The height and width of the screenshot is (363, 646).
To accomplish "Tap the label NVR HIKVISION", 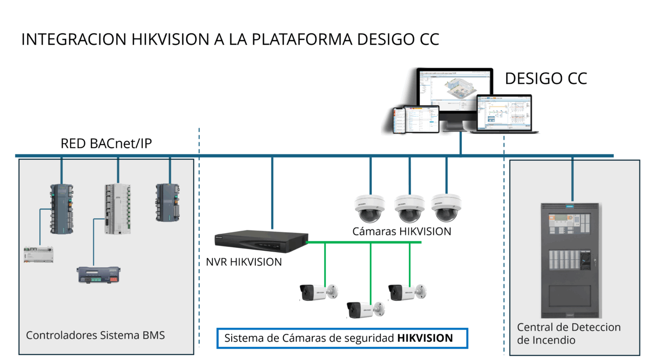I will pyautogui.click(x=244, y=262).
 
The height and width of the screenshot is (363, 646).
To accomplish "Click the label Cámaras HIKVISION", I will pyautogui.click(x=402, y=232).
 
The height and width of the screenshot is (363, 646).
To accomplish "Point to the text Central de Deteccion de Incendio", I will pyautogui.click(x=569, y=333).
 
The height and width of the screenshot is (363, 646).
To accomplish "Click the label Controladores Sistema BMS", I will pyautogui.click(x=95, y=335).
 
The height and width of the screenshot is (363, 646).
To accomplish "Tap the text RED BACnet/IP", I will pyautogui.click(x=106, y=144).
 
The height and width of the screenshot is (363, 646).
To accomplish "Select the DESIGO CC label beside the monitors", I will pyautogui.click(x=546, y=79).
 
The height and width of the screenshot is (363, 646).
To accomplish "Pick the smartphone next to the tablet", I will pyautogui.click(x=400, y=120).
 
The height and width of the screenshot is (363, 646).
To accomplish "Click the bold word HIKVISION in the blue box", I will pyautogui.click(x=425, y=338).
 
